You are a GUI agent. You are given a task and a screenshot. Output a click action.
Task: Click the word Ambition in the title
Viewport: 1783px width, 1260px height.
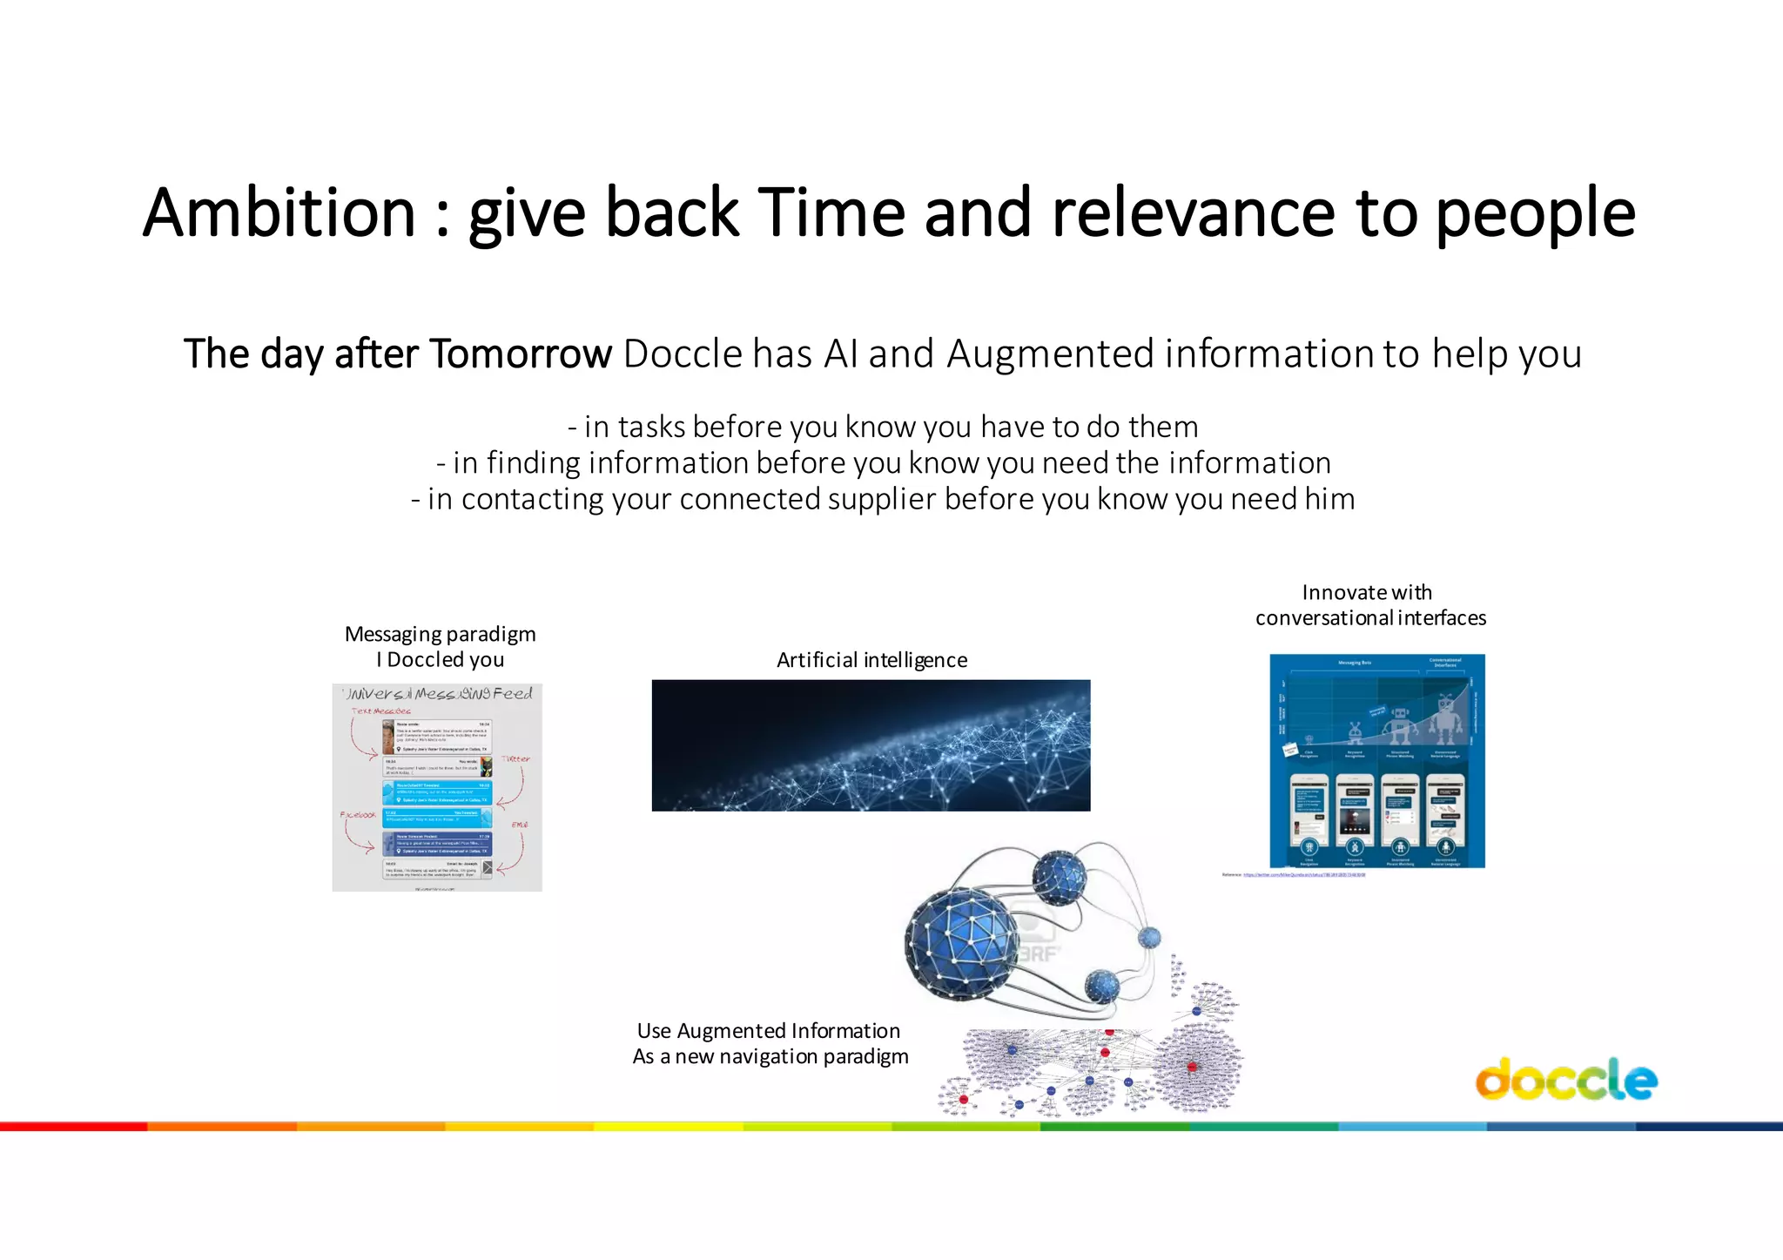click(x=279, y=213)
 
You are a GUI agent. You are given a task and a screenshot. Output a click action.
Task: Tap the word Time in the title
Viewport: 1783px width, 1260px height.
click(x=831, y=213)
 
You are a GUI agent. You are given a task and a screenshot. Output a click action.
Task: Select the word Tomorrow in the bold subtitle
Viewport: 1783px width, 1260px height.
click(x=521, y=354)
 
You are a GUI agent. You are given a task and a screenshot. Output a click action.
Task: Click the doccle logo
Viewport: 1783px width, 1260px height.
click(x=1565, y=1080)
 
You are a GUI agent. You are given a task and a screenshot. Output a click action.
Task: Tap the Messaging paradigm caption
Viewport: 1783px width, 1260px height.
click(x=440, y=634)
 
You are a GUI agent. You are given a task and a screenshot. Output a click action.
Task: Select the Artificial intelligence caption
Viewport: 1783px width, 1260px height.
click(x=871, y=660)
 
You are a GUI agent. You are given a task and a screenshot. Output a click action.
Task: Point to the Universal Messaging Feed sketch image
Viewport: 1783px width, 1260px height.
click(x=437, y=787)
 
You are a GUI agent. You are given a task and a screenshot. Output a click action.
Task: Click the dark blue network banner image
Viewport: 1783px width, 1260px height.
click(x=871, y=745)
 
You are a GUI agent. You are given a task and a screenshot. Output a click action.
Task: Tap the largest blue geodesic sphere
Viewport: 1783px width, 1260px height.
click(x=962, y=942)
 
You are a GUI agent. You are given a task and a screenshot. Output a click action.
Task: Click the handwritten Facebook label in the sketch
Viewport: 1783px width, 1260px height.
click(x=358, y=815)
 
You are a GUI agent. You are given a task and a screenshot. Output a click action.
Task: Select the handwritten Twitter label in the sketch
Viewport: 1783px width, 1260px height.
click(x=515, y=758)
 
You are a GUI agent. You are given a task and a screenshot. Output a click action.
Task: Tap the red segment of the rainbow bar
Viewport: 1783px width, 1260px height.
click(x=74, y=1127)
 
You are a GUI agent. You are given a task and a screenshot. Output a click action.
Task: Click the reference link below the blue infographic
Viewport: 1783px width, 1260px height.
click(x=1303, y=874)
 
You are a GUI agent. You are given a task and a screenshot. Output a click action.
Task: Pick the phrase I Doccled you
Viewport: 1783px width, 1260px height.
click(x=440, y=660)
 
